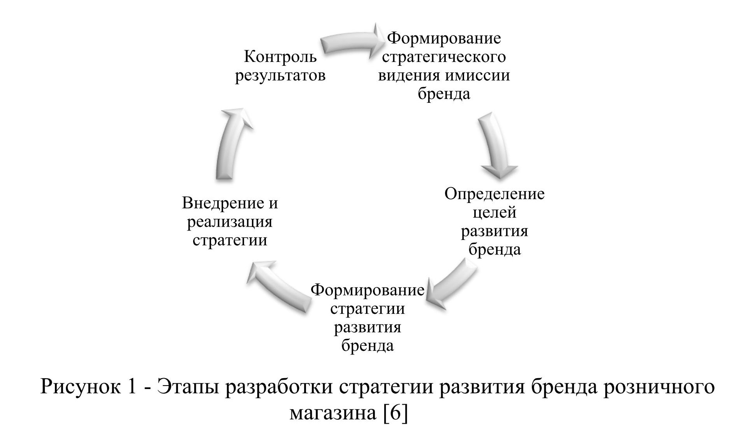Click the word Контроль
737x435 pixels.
click(280, 57)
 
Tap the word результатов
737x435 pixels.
click(280, 75)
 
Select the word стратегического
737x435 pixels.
click(444, 57)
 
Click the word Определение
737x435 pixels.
click(494, 194)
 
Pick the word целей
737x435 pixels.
click(494, 212)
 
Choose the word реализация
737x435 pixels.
click(230, 222)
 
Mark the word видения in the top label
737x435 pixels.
click(409, 75)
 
